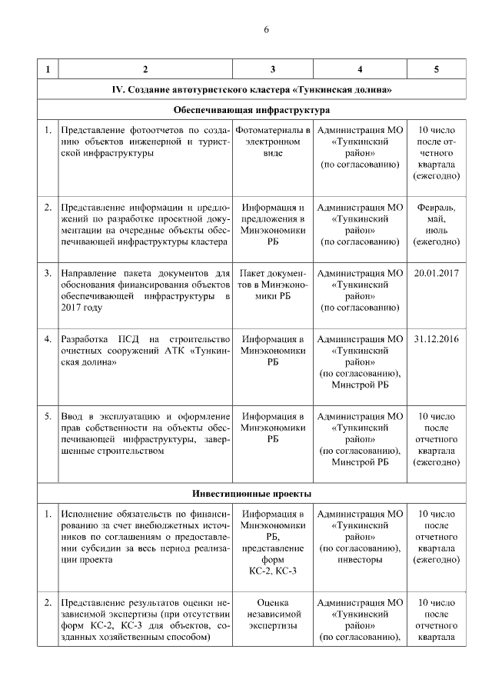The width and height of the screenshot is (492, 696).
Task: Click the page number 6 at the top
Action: pos(266,30)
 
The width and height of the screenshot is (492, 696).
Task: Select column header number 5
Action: pos(437,70)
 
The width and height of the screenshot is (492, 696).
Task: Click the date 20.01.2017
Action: pos(436,273)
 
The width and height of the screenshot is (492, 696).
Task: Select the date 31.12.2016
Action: pos(436,338)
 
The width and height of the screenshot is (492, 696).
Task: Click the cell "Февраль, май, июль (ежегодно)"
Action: pos(436,225)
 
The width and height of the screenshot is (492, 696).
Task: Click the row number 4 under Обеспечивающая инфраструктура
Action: pos(48,338)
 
